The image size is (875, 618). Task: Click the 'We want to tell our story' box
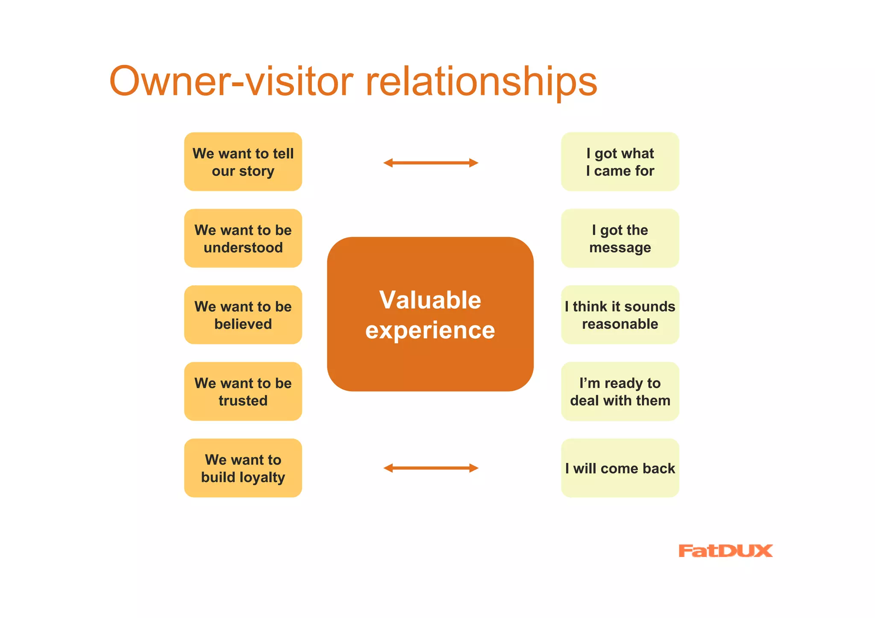[x=243, y=162]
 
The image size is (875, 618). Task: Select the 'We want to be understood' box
[x=243, y=238]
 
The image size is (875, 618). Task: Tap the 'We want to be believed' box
[x=243, y=315]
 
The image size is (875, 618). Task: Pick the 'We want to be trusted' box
[x=243, y=391]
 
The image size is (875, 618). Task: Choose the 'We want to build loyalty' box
[x=243, y=468]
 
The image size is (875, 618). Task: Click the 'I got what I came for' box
[x=620, y=162]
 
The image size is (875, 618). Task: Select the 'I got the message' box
[x=620, y=238]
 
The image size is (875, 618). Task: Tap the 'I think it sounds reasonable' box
[x=620, y=315]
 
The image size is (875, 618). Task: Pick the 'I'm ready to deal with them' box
[x=620, y=391]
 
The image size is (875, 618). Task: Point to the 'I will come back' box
[x=620, y=468]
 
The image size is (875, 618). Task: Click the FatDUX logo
[x=725, y=551]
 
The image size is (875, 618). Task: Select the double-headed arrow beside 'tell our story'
[x=431, y=163]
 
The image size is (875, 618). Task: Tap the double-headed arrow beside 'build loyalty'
[x=431, y=468]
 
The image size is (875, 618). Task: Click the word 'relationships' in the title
[x=481, y=82]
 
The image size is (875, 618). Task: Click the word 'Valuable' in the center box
[x=430, y=300]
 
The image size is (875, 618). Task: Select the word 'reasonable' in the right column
[x=620, y=324]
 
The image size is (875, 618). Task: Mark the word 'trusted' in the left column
[x=243, y=401]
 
